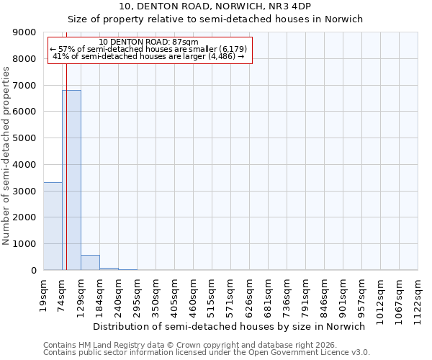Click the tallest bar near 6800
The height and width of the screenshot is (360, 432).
71,180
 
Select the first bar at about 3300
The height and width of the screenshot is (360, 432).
53,226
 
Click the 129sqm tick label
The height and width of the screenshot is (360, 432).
81,295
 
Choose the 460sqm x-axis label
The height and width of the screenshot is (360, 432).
193,295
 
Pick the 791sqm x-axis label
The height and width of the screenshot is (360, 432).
305,295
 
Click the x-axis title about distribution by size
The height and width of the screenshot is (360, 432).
229,326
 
